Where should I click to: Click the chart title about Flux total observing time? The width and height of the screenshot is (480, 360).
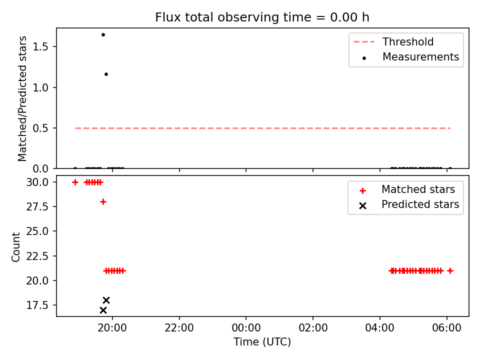[262, 17]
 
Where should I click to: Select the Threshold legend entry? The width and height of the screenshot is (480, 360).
[393, 41]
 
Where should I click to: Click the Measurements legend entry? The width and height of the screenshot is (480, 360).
[410, 57]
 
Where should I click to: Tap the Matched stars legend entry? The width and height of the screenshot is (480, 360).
[407, 189]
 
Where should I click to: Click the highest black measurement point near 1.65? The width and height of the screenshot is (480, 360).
[103, 34]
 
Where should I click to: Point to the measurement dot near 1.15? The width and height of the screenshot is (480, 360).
[106, 74]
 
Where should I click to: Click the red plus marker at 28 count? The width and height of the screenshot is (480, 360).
[103, 201]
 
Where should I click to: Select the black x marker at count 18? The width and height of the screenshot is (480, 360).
[106, 300]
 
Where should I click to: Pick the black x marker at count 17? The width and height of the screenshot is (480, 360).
[103, 310]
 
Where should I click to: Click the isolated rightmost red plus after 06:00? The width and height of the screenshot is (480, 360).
[450, 270]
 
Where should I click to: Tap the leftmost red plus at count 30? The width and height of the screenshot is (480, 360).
[75, 182]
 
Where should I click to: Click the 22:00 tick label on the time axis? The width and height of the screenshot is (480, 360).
[179, 328]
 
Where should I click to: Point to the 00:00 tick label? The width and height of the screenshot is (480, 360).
[246, 328]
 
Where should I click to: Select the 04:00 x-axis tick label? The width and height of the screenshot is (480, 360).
[380, 328]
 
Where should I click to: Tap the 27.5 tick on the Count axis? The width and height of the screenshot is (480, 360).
[37, 206]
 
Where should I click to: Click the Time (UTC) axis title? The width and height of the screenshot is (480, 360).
[262, 341]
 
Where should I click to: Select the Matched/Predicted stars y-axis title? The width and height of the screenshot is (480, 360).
[22, 98]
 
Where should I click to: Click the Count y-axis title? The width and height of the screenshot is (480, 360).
[15, 247]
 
